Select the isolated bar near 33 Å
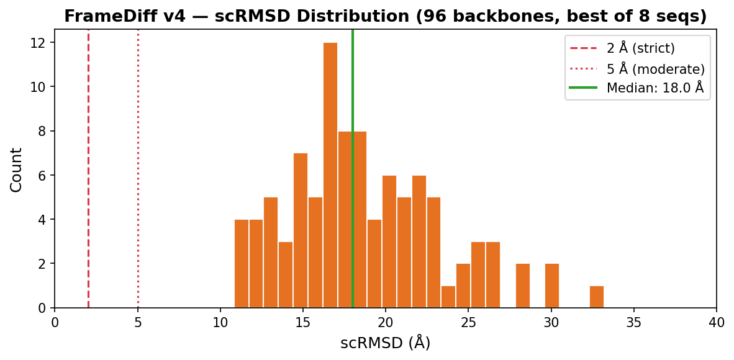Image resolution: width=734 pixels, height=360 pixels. (596, 297)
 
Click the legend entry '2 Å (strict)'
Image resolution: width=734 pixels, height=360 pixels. (640, 48)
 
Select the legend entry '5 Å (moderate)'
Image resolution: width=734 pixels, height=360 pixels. (655, 69)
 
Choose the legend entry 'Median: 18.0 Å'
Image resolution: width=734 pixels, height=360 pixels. (655, 88)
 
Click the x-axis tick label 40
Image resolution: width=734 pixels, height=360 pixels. (716, 323)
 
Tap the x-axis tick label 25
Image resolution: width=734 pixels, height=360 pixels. (468, 323)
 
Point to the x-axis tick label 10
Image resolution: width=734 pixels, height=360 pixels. (220, 323)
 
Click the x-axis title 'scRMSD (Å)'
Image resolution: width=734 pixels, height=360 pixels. (385, 343)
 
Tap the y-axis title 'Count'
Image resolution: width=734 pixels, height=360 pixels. (17, 169)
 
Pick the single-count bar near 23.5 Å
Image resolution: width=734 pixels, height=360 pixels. (448, 297)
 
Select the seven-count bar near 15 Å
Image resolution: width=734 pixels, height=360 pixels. (301, 230)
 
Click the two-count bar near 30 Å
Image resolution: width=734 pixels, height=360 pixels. (552, 286)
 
